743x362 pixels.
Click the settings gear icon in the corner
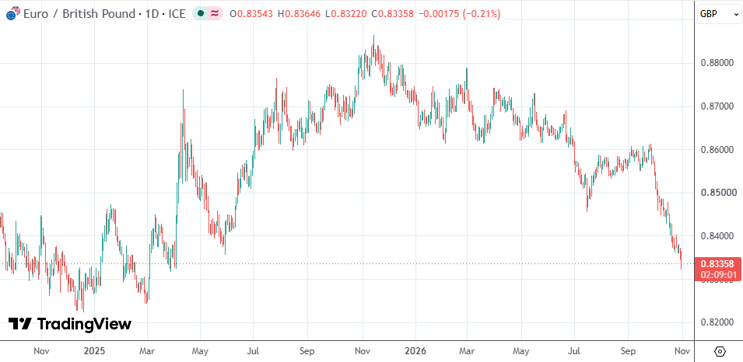tap(720, 352)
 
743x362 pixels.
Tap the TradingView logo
tap(70, 324)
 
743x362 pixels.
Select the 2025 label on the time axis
tap(94, 352)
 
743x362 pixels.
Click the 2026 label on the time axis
tap(415, 352)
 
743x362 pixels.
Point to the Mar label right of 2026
tap(468, 352)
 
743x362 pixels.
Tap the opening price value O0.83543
tap(251, 14)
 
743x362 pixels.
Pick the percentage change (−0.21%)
tap(482, 14)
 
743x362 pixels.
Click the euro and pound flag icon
tap(12, 13)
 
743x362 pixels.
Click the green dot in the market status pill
tap(201, 14)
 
